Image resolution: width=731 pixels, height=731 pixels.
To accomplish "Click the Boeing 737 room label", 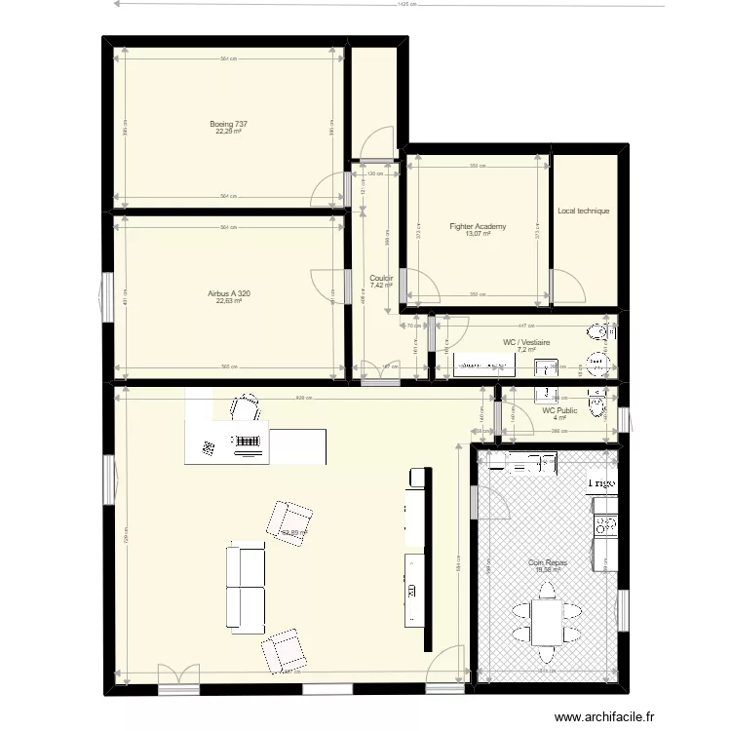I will pos(229,124).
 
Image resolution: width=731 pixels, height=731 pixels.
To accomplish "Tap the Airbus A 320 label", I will pos(229,293).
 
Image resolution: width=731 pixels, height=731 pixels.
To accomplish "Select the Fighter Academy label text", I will pos(478,226).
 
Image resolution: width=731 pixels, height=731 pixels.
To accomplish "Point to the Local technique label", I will pos(584,211).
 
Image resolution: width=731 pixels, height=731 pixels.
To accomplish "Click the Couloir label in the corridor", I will pos(380,278).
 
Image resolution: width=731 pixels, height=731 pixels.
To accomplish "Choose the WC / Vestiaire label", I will pos(527,342).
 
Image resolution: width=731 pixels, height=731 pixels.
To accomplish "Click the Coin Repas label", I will pos(548,562).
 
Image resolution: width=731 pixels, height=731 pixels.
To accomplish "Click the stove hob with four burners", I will pos(605,526).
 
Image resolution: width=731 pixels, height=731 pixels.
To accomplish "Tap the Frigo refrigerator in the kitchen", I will pos(600,482).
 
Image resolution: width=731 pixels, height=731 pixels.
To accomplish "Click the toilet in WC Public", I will pos(597,403).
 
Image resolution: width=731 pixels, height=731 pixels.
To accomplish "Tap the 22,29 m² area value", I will pos(229,133).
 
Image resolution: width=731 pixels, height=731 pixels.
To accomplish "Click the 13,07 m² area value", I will pos(477,234).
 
